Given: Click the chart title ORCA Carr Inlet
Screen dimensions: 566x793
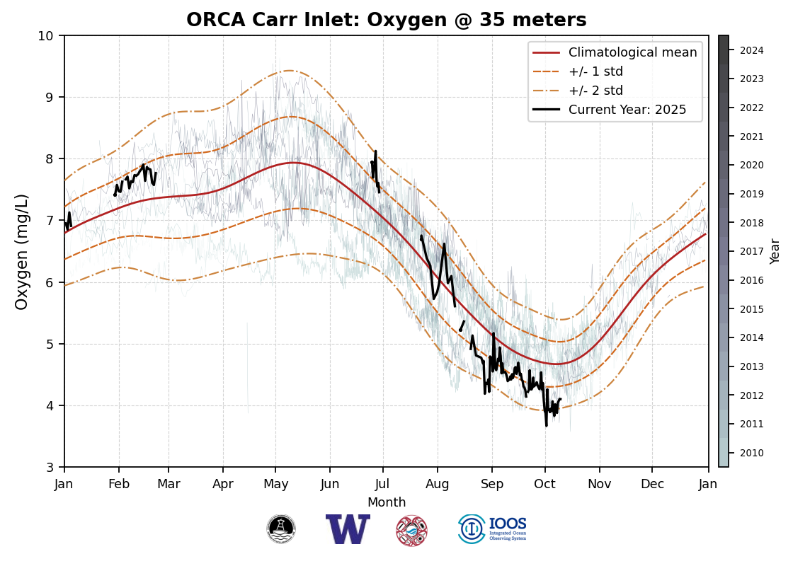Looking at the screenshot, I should coord(386,20).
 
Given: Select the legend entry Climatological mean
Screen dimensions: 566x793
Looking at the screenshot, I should coord(632,52).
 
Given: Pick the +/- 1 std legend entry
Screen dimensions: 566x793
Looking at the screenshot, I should coord(595,71).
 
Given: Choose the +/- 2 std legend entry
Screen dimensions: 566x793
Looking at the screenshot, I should coord(595,91).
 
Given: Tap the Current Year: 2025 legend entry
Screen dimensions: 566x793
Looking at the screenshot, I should coord(627,110).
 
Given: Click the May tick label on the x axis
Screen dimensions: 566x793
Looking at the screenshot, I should coord(275,484).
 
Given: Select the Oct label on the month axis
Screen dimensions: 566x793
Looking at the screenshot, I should coord(545,484).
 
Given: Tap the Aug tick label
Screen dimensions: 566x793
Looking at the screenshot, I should coord(437,484).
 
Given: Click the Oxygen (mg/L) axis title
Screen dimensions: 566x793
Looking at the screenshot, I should coord(22,251).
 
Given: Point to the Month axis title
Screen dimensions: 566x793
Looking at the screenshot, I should coord(387,502).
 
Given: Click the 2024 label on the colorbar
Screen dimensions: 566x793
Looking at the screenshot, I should coord(751,50).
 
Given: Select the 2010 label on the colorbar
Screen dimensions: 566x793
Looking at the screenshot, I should coord(751,453).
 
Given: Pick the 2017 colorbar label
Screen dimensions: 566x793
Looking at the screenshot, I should coord(751,251).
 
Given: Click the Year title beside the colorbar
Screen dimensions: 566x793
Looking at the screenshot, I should coord(775,251).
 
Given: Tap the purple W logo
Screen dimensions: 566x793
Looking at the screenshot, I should coord(348,529).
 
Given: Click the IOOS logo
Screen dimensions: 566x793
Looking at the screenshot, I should coord(493,529).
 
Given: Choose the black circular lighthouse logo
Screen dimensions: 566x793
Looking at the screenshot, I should coord(281,529).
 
